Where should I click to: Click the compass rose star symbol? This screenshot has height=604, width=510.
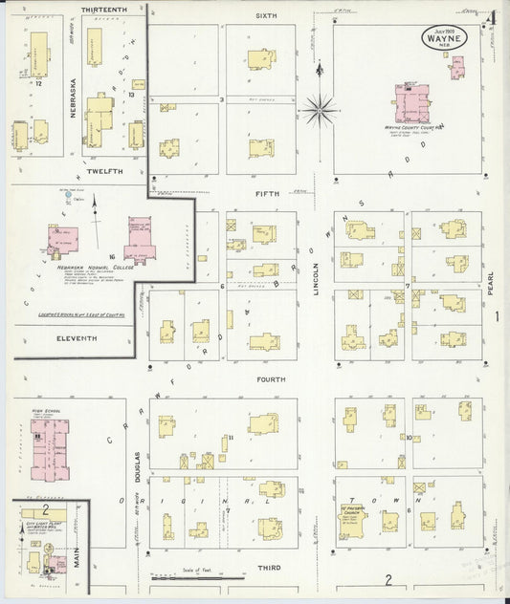[x=320, y=108]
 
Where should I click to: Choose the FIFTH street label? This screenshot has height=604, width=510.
[x=267, y=193]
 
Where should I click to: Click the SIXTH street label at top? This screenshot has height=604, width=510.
[x=266, y=16]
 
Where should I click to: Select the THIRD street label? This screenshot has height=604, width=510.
[x=269, y=568]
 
